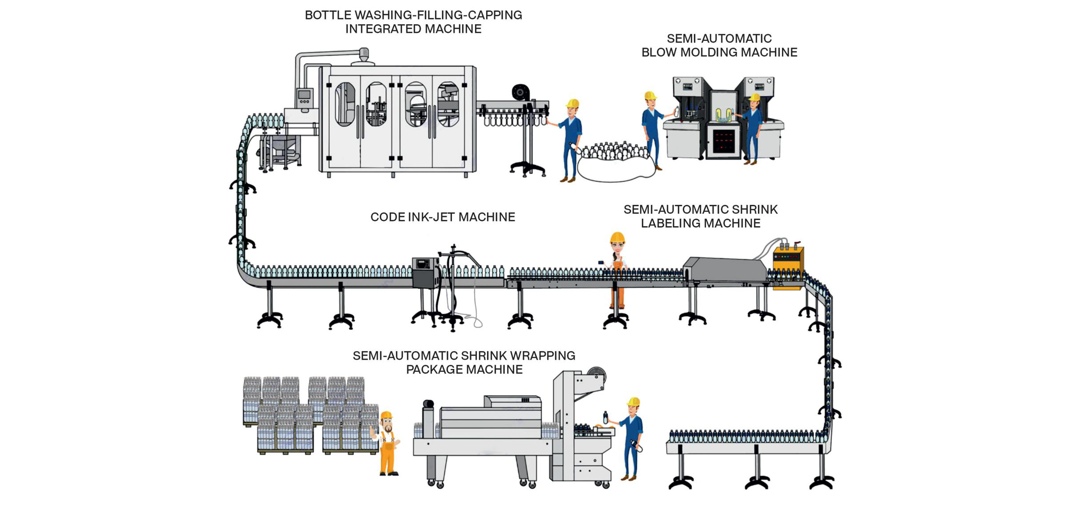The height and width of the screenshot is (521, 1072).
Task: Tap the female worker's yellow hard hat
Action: point(617,237)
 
